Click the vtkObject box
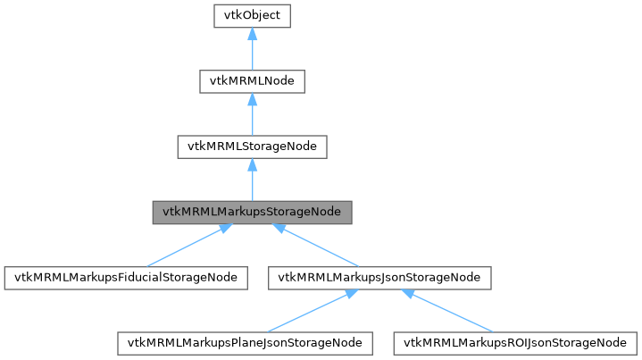(x=253, y=17)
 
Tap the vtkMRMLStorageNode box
(x=253, y=146)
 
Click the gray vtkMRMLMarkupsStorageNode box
(x=253, y=212)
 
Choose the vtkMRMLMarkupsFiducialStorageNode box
(x=125, y=277)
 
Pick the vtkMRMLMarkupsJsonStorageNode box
(x=379, y=277)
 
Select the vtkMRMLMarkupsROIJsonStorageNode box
(x=515, y=342)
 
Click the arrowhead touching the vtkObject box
(x=253, y=35)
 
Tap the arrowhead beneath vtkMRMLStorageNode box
(x=253, y=165)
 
